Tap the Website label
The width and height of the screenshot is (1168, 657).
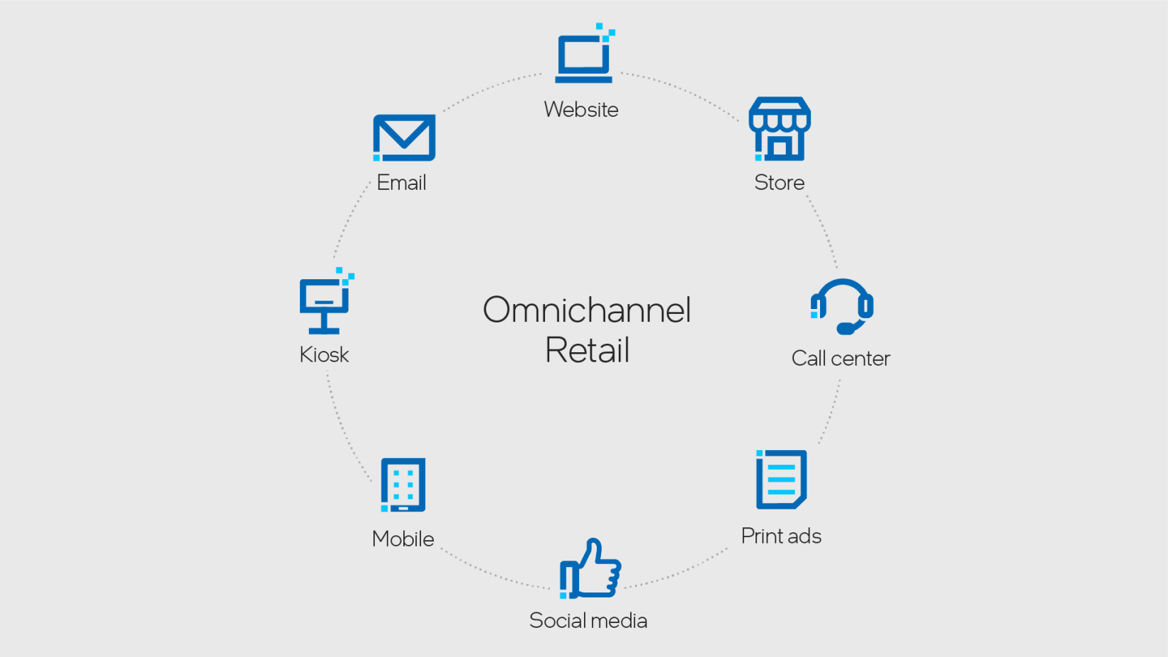click(x=581, y=110)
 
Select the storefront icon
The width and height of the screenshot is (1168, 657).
click(x=780, y=130)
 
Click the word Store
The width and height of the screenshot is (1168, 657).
click(x=779, y=183)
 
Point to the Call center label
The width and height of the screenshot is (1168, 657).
click(x=841, y=359)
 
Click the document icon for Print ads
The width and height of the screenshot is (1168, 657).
click(x=781, y=480)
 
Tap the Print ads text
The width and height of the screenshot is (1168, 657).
click(x=781, y=537)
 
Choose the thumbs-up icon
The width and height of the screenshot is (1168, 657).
click(x=590, y=569)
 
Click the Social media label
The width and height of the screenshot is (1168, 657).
click(x=588, y=621)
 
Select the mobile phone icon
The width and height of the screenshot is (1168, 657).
click(x=403, y=485)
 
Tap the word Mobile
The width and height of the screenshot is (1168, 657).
click(x=403, y=539)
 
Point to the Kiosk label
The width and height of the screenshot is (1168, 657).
click(x=324, y=354)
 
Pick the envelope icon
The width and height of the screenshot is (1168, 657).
click(x=404, y=137)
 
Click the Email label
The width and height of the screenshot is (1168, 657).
click(x=401, y=183)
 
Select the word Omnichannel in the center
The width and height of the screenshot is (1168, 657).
click(x=587, y=310)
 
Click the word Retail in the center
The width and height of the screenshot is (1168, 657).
click(x=587, y=350)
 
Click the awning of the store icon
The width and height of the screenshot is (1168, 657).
click(x=780, y=113)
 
